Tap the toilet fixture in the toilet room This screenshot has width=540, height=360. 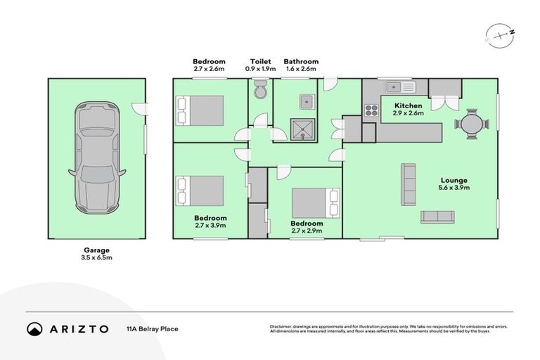pyautogui.click(x=259, y=89)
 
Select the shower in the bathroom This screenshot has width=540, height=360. pyautogui.click(x=305, y=129)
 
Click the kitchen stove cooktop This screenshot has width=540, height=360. pyautogui.click(x=371, y=109)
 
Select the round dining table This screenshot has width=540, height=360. pyautogui.click(x=471, y=124)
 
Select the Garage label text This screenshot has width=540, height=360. pyautogui.click(x=97, y=250)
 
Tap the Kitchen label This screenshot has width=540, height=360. pyautogui.click(x=408, y=105)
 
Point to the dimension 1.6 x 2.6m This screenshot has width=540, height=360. pyautogui.click(x=301, y=69)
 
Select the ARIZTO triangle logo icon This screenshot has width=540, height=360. pyautogui.click(x=35, y=328)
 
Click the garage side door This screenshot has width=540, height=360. pyautogui.click(x=141, y=109)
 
